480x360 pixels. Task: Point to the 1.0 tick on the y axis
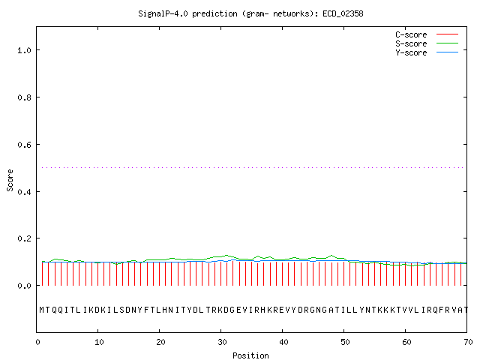(24, 50)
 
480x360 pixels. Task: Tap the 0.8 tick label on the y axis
(24, 97)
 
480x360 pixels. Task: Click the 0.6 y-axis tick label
(24, 145)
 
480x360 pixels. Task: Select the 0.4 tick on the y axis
(24, 192)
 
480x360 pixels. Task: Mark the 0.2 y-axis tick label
(24, 238)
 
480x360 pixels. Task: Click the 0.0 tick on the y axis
(24, 286)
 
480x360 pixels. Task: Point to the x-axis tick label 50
(344, 343)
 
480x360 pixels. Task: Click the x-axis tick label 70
(466, 343)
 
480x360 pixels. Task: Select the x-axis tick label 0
(37, 343)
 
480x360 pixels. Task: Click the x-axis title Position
(250, 355)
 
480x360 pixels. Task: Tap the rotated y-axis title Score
(10, 179)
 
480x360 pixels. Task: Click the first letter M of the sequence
(43, 309)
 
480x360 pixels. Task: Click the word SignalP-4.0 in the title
(163, 13)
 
